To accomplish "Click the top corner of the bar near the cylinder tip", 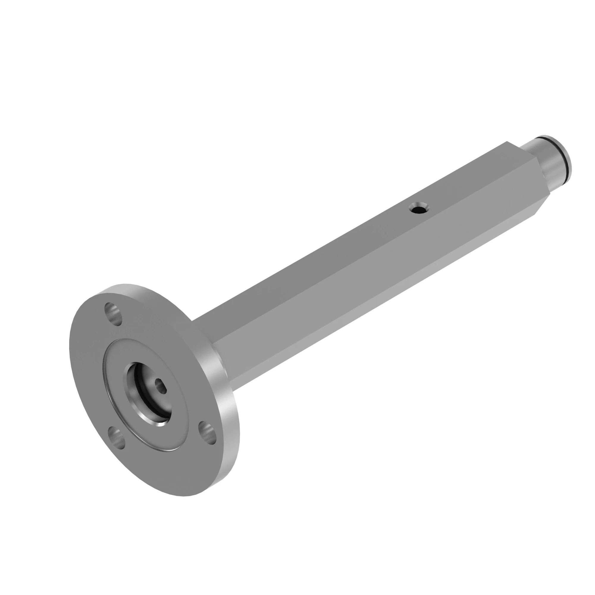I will pyautogui.click(x=507, y=142).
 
